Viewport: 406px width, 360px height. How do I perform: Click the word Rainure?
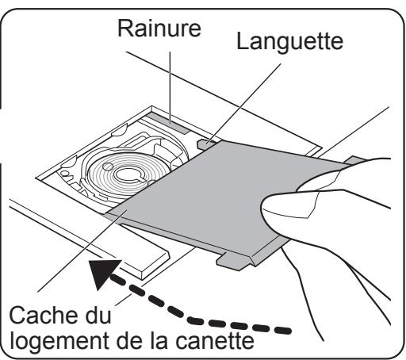pos(159,29)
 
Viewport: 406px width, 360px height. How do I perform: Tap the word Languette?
pos(289,41)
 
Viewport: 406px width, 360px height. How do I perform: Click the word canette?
pos(215,341)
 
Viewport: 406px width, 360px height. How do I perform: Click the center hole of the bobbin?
pos(128,174)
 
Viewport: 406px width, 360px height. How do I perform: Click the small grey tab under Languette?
pos(207,144)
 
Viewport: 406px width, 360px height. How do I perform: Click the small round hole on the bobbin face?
pos(108,167)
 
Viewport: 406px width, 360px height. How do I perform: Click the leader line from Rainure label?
pos(170,87)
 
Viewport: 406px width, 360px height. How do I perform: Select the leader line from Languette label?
pos(244,104)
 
